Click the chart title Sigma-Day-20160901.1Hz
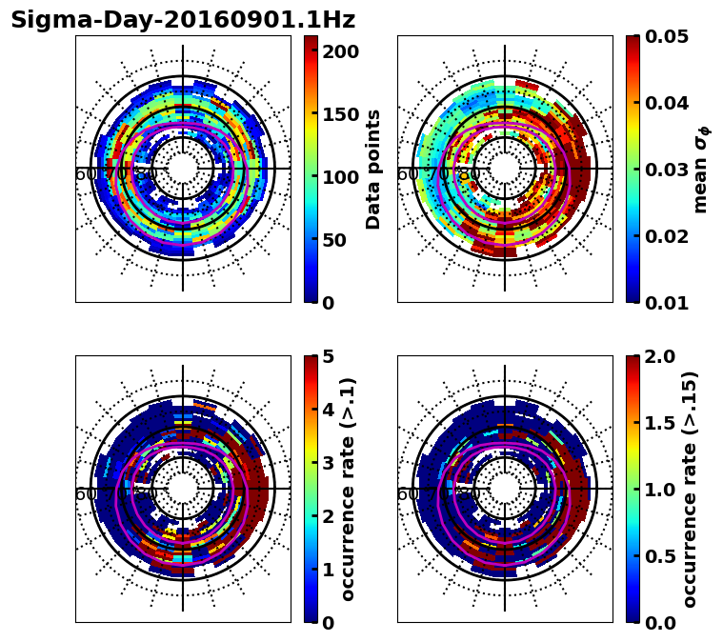tap(183, 20)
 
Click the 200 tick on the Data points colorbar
tap(340, 51)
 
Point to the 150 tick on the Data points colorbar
tap(340, 114)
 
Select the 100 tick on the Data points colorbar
tap(340, 177)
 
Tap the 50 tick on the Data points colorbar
tap(334, 240)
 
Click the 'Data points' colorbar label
tap(373, 170)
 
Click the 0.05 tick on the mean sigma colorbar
tap(668, 36)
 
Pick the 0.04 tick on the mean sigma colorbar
tap(668, 103)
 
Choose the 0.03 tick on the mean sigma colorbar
tap(668, 170)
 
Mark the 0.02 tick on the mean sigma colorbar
tap(668, 236)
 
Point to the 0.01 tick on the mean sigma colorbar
tap(668, 303)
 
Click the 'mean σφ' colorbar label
tap(701, 170)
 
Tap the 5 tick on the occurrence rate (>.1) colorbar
tap(329, 356)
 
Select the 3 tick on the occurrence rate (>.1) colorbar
tap(329, 463)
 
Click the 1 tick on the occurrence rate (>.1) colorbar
tap(329, 570)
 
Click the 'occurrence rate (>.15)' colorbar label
tap(690, 490)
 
